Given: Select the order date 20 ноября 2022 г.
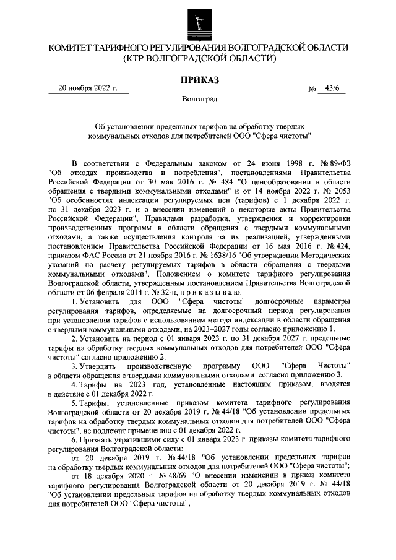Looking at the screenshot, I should coord(88,88).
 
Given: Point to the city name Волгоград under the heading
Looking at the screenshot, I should coord(199,99).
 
